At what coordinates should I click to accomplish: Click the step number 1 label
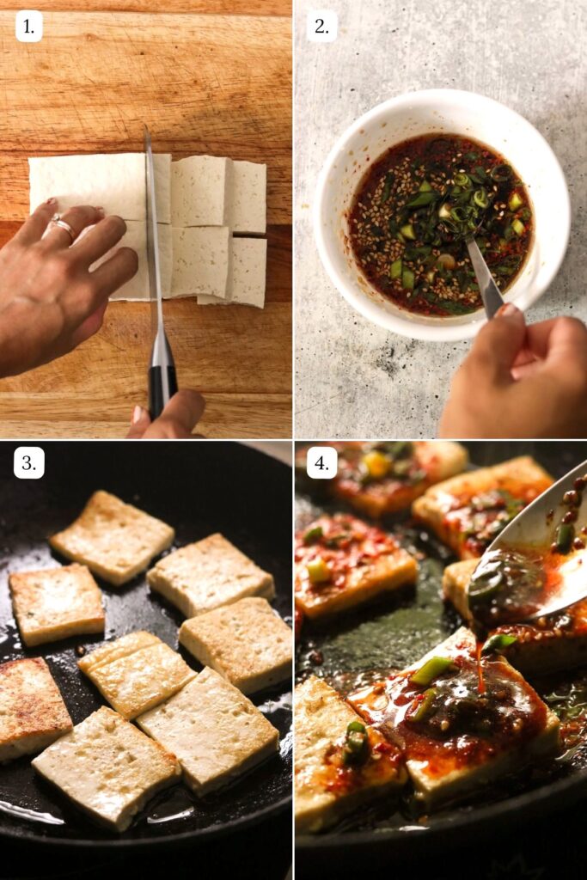(x=28, y=27)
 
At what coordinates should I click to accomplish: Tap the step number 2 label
(x=321, y=27)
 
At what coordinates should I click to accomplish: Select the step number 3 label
(x=28, y=463)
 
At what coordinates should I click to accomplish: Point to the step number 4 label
(x=321, y=463)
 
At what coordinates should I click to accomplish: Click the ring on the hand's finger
(x=62, y=227)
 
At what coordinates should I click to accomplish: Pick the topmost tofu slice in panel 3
(x=112, y=537)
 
